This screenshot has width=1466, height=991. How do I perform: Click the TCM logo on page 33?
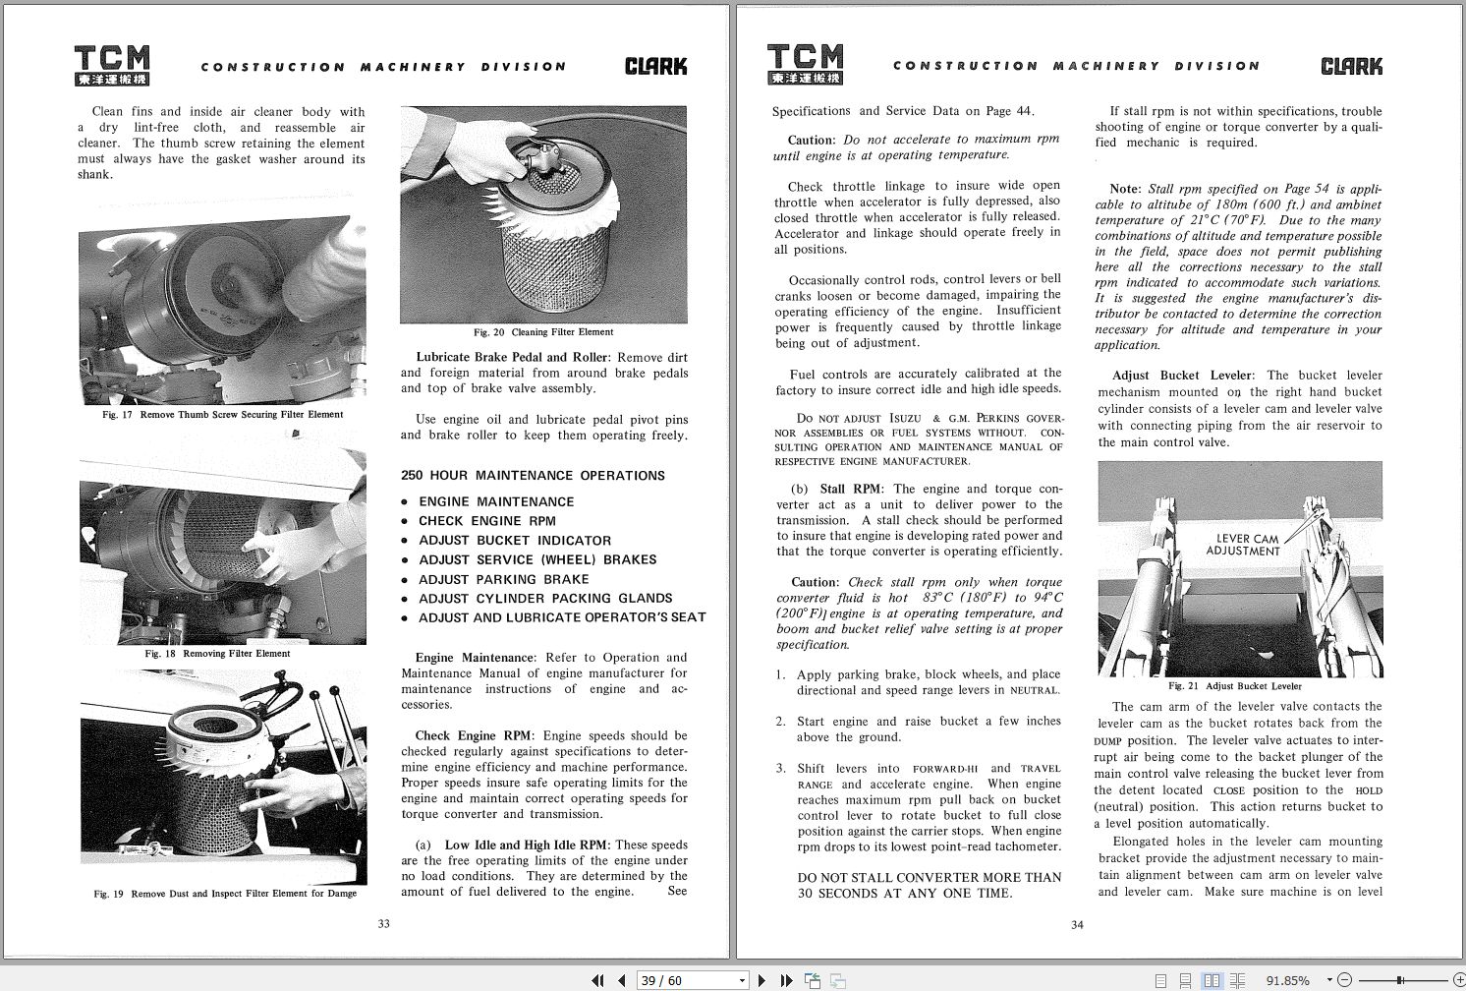point(112,65)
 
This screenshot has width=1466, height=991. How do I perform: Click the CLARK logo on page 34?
point(1350,66)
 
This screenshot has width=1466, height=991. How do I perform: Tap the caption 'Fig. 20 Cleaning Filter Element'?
point(542,332)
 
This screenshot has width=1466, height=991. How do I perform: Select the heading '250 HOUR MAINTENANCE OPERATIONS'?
point(533,476)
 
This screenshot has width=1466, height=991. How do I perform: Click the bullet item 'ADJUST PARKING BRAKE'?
point(503,579)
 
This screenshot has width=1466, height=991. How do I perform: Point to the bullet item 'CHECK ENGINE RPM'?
point(486,521)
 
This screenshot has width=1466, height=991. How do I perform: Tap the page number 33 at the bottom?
point(384,923)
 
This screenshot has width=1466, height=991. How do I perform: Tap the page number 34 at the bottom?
point(1077,924)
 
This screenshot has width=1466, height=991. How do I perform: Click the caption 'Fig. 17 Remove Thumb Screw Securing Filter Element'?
point(222,415)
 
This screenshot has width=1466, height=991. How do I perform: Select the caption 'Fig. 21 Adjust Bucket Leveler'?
point(1234,686)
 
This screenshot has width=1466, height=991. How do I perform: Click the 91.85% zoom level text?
point(1287,980)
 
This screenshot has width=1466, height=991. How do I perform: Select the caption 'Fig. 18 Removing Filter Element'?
point(217,654)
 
